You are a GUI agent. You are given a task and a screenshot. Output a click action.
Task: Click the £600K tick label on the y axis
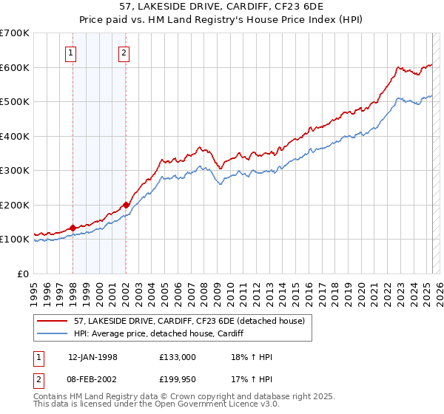14,67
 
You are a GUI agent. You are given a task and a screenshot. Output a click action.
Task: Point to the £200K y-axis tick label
14,205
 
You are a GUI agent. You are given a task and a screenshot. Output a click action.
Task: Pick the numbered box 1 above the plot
70,52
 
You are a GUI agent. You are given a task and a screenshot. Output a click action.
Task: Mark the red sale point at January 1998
73,228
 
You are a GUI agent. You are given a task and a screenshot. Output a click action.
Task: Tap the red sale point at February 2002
127,205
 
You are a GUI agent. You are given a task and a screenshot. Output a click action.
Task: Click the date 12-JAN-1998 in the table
92,357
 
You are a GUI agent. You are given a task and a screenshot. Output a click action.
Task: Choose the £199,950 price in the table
178,379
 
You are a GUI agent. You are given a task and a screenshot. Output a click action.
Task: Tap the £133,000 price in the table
178,357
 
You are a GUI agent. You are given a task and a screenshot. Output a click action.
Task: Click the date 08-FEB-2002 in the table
92,379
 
